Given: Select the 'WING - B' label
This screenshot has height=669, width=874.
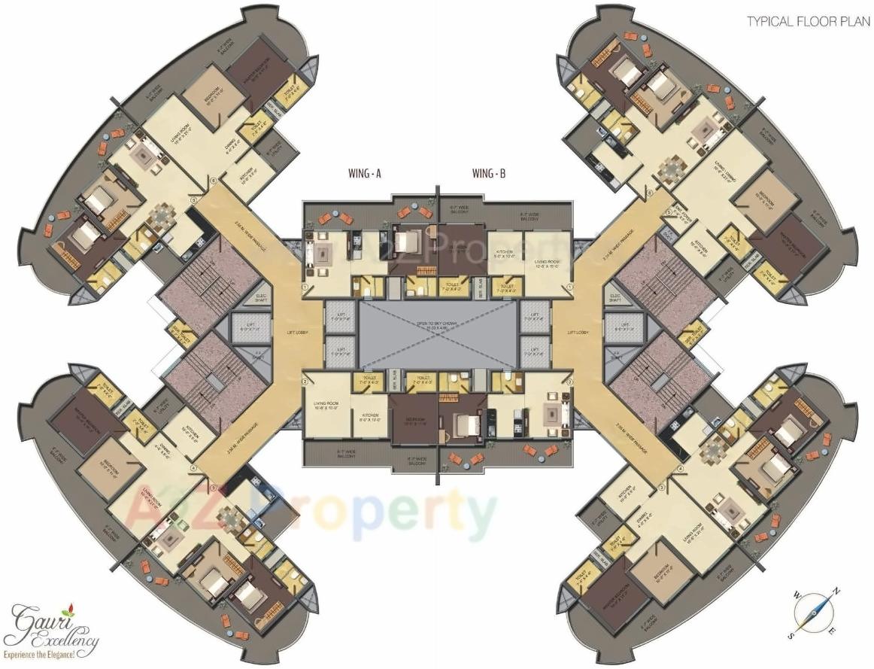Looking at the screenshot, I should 488,174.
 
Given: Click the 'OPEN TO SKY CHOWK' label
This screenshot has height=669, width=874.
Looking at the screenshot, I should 436,325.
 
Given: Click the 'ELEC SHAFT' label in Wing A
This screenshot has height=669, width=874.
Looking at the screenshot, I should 262,298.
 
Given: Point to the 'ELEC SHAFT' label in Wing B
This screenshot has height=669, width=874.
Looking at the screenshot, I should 616,298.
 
